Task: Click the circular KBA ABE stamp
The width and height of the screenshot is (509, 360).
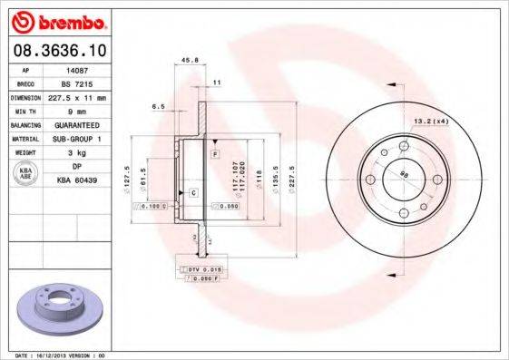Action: [26, 174]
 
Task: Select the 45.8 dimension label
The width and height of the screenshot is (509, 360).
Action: [191, 61]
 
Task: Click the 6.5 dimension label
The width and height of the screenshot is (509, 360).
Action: [158, 106]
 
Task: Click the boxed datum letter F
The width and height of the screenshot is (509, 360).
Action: [215, 155]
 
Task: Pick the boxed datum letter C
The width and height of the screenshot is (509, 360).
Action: [193, 193]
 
